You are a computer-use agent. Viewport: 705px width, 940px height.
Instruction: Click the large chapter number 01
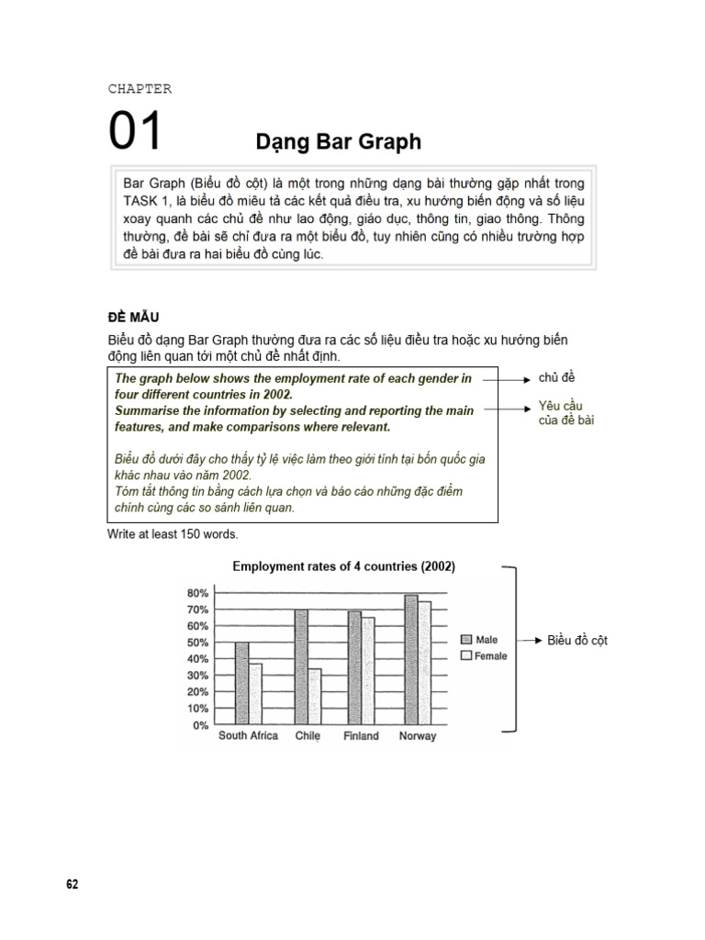pos(136,130)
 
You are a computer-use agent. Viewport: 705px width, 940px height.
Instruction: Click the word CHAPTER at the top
pos(140,89)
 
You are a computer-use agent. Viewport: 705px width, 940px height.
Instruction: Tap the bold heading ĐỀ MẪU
pos(133,317)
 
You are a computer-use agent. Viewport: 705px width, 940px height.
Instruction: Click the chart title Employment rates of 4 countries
pos(343,566)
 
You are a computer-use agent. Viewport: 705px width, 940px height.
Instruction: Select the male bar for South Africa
pos(242,684)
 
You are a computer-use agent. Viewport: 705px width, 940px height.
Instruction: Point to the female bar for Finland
pos(368,671)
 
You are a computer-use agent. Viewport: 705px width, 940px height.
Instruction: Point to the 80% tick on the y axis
pos(197,593)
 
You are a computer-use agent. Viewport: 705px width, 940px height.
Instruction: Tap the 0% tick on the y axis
pos(201,725)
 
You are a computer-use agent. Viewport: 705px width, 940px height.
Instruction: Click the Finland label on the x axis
pos(361,736)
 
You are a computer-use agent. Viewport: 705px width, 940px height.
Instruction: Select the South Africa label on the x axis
pos(248,736)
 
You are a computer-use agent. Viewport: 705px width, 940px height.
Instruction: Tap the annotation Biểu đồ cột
pos(577,640)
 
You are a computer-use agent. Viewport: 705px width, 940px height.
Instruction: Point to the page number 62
pos(73,884)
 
